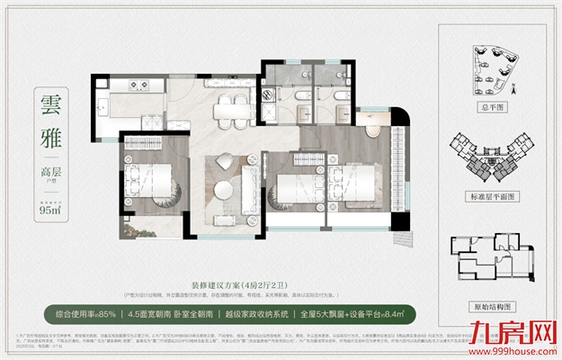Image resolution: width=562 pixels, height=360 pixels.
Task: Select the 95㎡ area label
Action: click(x=50, y=212)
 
